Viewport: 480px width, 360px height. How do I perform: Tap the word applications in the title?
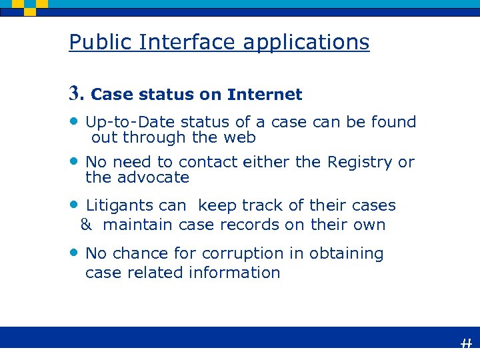pyautogui.click(x=306, y=43)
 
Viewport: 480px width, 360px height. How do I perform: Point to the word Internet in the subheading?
pyautogui.click(x=265, y=95)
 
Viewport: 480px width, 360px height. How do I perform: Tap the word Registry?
pyautogui.click(x=361, y=162)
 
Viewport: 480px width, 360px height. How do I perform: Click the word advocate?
pyautogui.click(x=153, y=178)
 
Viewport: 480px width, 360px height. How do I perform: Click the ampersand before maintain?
pyautogui.click(x=86, y=225)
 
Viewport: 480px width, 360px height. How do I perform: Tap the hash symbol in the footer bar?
pyautogui.click(x=466, y=343)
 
